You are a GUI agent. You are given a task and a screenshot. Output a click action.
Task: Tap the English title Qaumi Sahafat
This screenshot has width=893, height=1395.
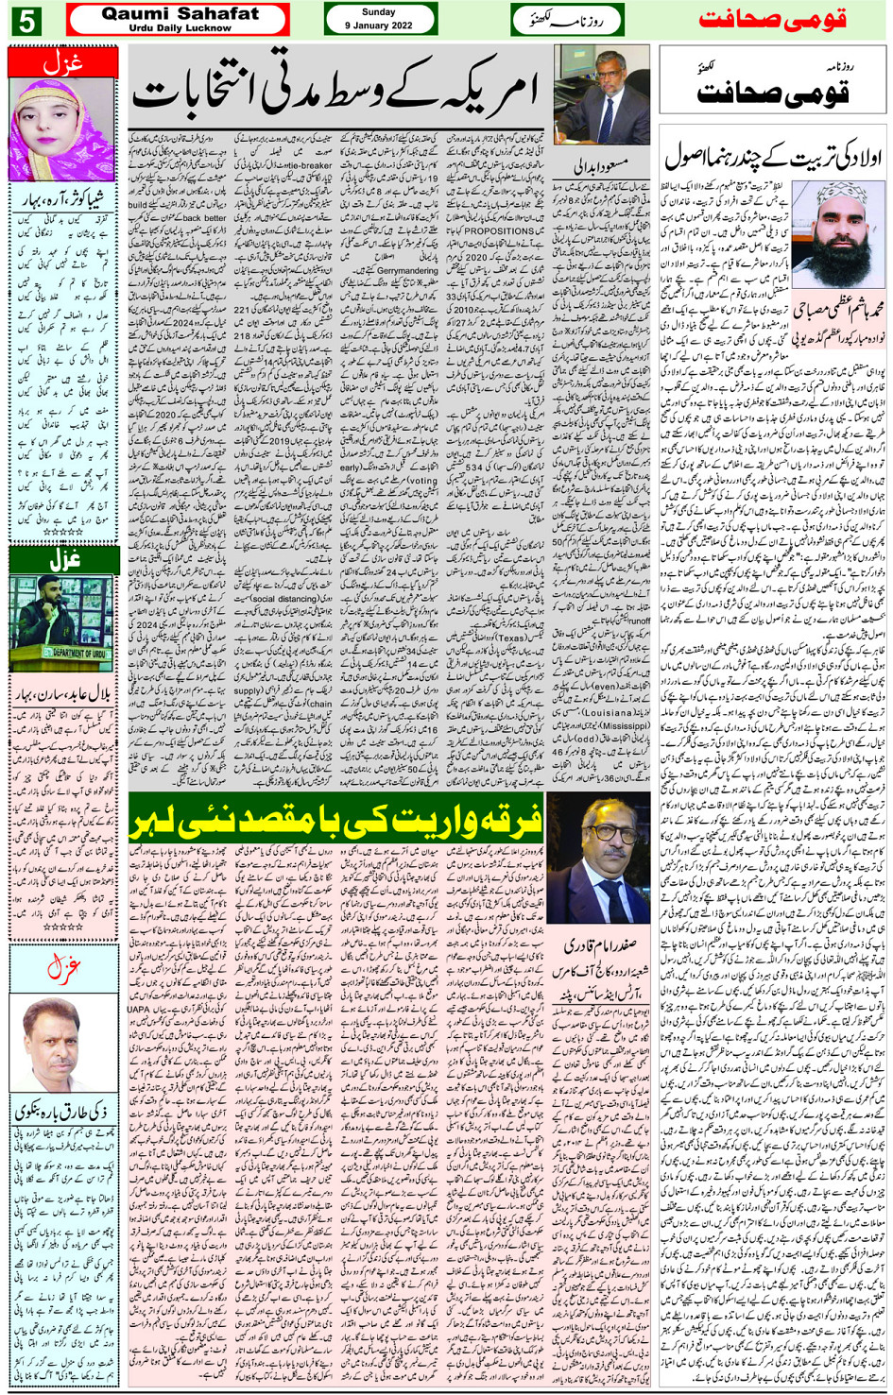180,13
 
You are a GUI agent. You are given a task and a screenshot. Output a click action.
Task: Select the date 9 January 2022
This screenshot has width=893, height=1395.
379,26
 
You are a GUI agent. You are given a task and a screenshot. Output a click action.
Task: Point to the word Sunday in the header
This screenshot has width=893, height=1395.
379,12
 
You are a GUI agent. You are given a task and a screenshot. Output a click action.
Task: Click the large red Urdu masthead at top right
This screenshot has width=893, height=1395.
773,20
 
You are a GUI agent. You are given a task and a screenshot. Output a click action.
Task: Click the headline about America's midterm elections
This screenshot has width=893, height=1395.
335,91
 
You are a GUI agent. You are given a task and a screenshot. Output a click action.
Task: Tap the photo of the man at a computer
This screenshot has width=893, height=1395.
602,94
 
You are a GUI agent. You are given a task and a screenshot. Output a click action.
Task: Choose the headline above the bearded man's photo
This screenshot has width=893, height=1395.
772,156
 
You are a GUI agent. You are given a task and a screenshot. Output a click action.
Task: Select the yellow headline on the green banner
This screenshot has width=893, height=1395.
335,818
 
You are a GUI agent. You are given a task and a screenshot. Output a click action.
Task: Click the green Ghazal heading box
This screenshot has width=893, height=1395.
63,559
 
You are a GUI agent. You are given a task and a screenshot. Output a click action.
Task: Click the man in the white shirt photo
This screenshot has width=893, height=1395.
62,1044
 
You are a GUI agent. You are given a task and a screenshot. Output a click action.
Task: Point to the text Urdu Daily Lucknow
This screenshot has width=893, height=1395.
180,27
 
